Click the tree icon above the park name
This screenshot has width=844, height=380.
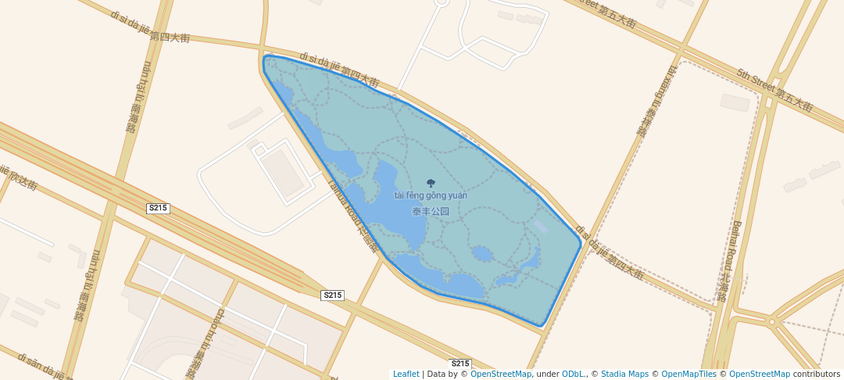tap(431, 183)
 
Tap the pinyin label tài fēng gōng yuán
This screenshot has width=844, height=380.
tap(431, 195)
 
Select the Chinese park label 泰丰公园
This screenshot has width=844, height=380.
tap(431, 211)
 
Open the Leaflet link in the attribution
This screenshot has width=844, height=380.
tap(406, 374)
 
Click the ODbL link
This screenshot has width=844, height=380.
tap(574, 374)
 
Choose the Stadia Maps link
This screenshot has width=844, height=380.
tap(624, 374)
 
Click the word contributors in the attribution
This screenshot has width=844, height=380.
tap(816, 374)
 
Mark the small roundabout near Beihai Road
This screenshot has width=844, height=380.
tap(771, 321)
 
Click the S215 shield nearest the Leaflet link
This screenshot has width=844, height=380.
tap(460, 364)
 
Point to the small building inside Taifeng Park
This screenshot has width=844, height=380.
tap(541, 226)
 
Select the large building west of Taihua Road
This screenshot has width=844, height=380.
tap(281, 173)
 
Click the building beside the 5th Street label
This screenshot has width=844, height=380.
tap(735, 102)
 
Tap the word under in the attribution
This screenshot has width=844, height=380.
tap(547, 374)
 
